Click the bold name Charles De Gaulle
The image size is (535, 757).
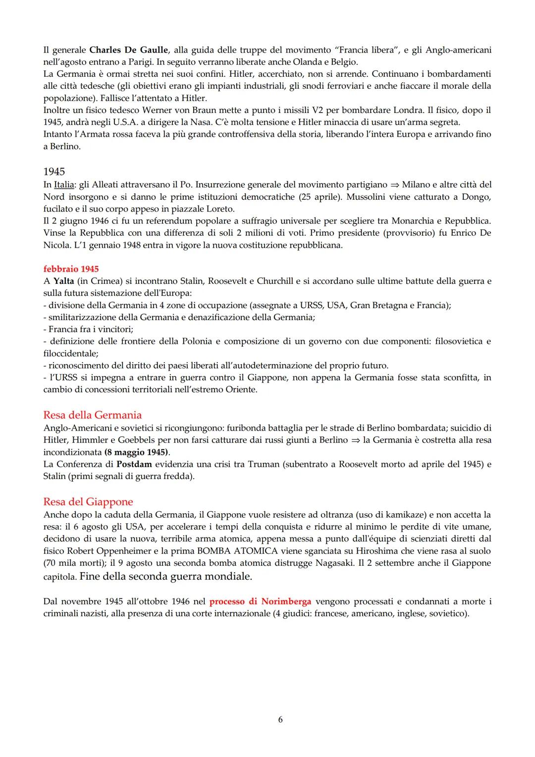click(x=129, y=50)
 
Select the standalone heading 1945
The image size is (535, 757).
click(x=54, y=171)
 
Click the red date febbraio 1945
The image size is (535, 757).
click(x=71, y=269)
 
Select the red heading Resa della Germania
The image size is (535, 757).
click(x=92, y=415)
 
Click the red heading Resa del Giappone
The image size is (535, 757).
click(x=88, y=502)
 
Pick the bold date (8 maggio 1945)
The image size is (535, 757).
click(x=136, y=452)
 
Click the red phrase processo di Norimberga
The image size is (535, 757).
click(x=260, y=601)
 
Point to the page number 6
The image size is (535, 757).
click(x=280, y=719)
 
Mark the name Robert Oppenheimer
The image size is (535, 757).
click(x=111, y=551)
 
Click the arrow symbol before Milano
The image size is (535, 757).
click(x=394, y=185)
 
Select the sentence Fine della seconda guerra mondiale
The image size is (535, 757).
click(x=165, y=576)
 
